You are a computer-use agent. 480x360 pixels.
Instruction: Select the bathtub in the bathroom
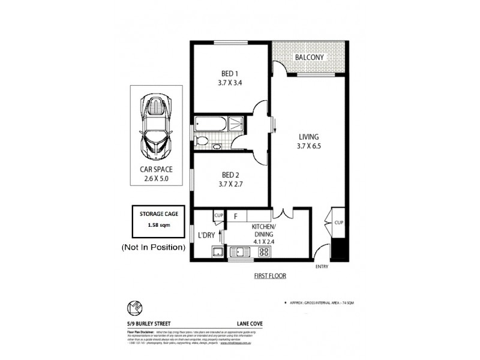coord(210,125)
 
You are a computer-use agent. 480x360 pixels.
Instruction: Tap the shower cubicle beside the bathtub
coord(236,124)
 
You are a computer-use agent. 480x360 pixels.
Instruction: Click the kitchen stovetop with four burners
coord(263,252)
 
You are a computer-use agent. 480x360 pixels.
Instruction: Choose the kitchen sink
coord(242,252)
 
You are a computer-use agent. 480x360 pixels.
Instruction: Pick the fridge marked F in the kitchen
coord(236,215)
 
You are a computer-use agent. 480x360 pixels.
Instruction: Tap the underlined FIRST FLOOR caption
coord(269,277)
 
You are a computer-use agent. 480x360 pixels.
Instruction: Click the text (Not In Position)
coord(152,247)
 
